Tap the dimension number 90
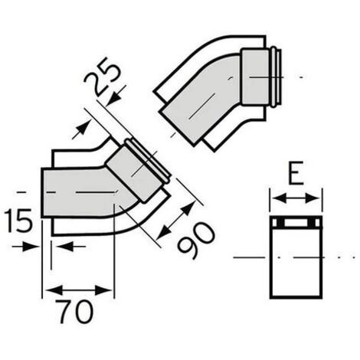point(196,241)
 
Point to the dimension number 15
point(19,221)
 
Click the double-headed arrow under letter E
point(296,198)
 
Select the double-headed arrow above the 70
point(78,290)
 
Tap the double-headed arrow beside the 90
point(175,221)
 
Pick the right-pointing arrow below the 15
point(25,247)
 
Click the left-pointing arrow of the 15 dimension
point(70,247)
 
